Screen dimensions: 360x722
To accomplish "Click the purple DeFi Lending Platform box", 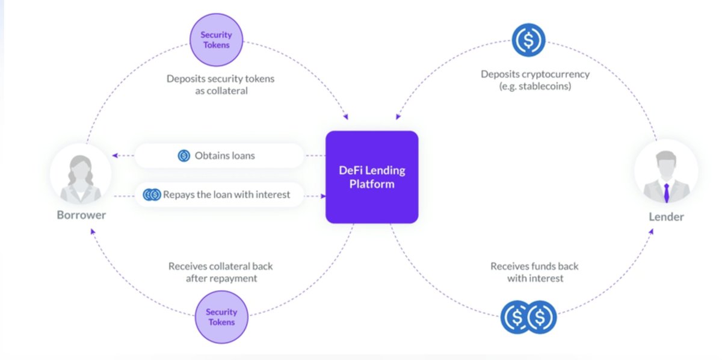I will [372, 177].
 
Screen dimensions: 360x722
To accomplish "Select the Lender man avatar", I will [666, 175].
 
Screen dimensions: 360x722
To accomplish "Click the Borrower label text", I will [81, 215].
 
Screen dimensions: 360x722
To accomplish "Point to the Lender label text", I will [666, 217].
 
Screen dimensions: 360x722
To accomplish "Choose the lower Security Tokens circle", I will [221, 317].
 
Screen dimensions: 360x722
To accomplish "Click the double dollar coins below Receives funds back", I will [528, 317].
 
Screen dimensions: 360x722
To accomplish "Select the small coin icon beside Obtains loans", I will [184, 156].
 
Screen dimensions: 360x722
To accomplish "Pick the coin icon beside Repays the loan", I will [152, 194].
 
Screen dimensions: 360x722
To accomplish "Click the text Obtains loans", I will [224, 156].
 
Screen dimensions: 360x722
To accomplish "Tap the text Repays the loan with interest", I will [227, 194].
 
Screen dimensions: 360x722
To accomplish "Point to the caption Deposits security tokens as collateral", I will [220, 84].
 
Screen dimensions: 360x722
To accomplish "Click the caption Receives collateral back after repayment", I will [220, 272].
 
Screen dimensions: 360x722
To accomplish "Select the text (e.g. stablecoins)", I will [534, 86].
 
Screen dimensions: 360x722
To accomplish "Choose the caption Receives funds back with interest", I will [534, 272].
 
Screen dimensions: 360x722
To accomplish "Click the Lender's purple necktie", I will [666, 193].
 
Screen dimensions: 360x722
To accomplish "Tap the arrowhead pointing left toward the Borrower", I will [116, 156].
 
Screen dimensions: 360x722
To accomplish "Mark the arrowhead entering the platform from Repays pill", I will [323, 195].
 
